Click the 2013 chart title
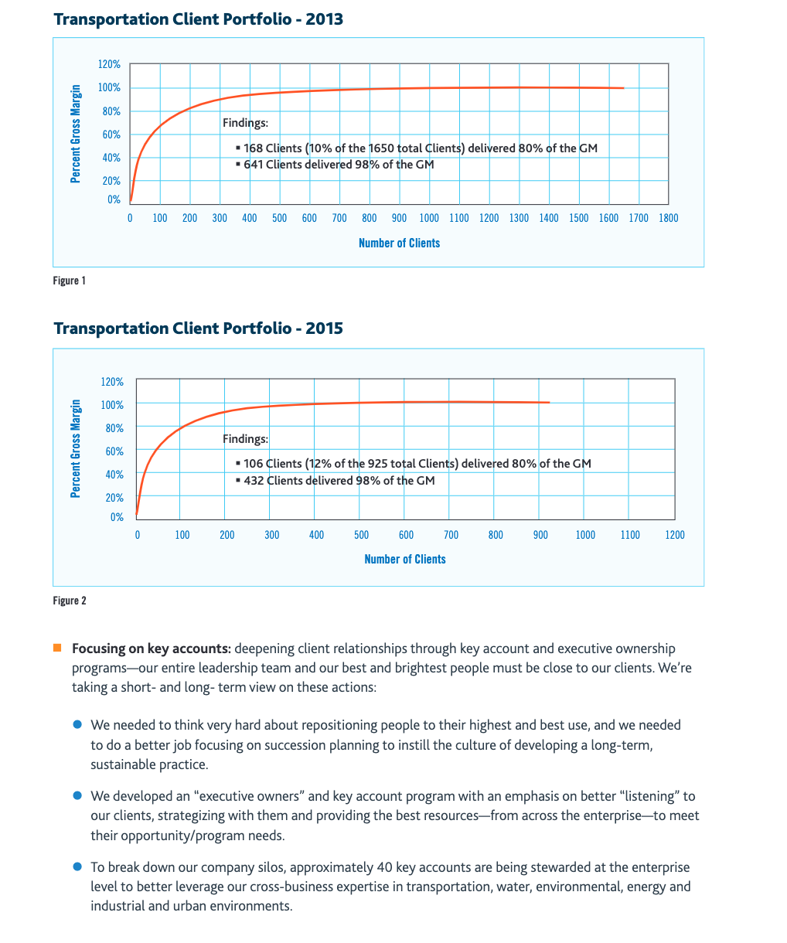click(198, 19)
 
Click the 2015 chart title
click(198, 329)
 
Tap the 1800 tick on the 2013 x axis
click(668, 218)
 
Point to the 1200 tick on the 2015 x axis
click(674, 535)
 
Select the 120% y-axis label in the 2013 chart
click(109, 65)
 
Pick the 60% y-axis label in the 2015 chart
click(114, 451)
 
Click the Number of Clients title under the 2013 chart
click(399, 243)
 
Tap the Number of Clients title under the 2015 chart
click(404, 560)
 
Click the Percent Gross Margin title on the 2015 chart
click(76, 448)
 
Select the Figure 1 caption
click(69, 281)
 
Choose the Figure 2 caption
click(69, 601)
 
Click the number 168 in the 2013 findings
click(253, 148)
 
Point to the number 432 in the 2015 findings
click(254, 481)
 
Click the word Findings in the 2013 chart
click(245, 123)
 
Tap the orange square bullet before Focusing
click(57, 648)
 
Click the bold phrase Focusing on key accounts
click(152, 649)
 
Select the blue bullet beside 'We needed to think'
click(77, 725)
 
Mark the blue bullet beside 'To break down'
click(77, 867)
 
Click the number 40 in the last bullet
click(384, 867)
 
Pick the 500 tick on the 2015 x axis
click(361, 535)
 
